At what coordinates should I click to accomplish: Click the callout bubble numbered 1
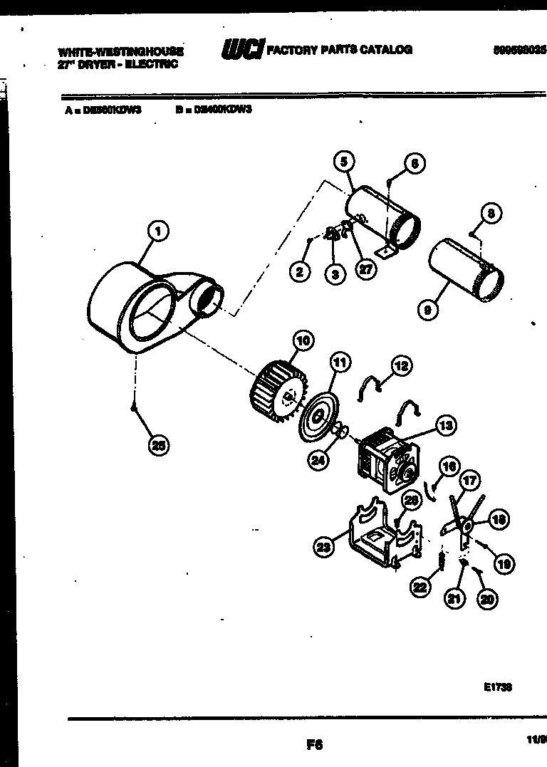click(157, 231)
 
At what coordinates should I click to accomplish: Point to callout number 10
click(303, 341)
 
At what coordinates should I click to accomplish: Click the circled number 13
click(446, 427)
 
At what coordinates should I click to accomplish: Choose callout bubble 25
click(157, 446)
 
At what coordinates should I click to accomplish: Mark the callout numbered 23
click(324, 547)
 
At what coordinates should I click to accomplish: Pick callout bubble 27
click(366, 270)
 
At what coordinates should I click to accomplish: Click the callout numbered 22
click(420, 586)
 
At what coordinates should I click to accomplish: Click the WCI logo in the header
click(242, 50)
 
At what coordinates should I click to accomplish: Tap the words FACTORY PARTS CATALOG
click(339, 50)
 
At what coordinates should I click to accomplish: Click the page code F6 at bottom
click(315, 745)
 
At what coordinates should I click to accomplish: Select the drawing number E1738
click(497, 687)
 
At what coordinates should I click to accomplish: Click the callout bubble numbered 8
click(490, 213)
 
